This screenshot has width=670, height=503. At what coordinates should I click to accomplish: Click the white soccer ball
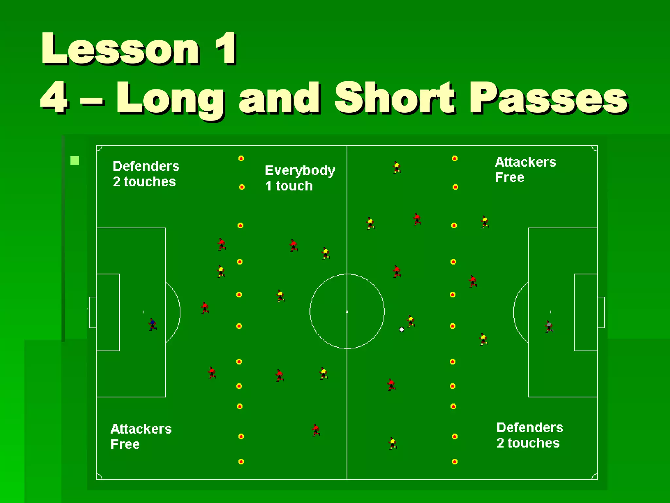click(x=402, y=329)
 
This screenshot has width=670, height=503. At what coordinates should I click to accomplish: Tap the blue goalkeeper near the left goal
click(x=152, y=324)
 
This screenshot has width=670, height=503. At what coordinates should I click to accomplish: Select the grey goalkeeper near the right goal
click(x=549, y=326)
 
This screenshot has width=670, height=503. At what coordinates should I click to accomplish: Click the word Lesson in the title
click(x=120, y=49)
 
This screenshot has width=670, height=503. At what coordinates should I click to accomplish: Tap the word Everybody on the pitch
click(x=300, y=171)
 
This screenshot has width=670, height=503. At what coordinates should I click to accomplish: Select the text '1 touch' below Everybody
click(x=289, y=186)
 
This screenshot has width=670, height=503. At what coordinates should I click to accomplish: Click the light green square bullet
click(x=75, y=160)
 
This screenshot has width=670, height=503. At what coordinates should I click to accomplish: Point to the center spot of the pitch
click(x=347, y=311)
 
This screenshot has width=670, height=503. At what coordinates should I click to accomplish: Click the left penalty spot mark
click(x=143, y=312)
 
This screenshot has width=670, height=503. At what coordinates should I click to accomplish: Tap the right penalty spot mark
click(x=551, y=312)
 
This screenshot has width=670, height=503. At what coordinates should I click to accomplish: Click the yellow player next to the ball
click(x=411, y=321)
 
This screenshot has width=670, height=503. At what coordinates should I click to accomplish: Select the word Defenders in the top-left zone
click(x=146, y=166)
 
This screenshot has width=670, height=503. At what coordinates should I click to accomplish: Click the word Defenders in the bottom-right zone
click(x=530, y=428)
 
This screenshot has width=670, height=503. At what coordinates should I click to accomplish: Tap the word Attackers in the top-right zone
click(x=525, y=162)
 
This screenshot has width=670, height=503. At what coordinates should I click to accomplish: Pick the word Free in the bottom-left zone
click(x=125, y=444)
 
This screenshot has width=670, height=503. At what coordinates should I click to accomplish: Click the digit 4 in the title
click(x=54, y=98)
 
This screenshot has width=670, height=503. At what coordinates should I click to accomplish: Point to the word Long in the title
click(x=170, y=98)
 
